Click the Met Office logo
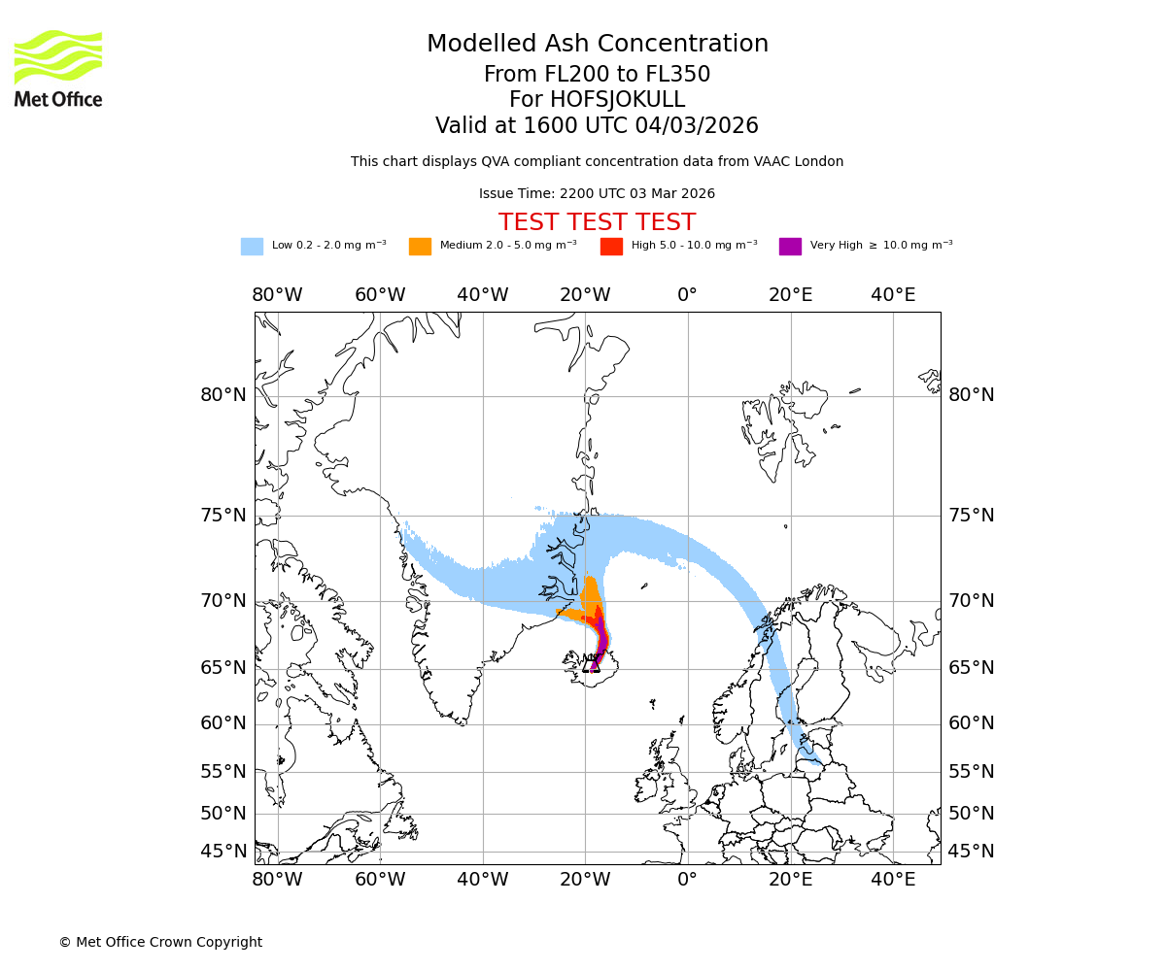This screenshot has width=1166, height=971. click(58, 68)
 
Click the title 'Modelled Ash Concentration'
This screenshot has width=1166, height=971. click(597, 45)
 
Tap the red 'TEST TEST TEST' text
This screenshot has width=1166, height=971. click(597, 222)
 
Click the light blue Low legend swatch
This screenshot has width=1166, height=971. click(252, 247)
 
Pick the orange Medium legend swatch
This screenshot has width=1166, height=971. click(420, 247)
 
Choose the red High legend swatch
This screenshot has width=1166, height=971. click(611, 247)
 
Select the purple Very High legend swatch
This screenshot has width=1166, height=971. click(790, 247)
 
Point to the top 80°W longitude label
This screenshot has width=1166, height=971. click(277, 295)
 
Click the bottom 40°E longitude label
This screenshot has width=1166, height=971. click(893, 880)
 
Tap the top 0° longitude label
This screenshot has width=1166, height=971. click(687, 295)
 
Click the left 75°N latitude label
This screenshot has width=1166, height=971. click(223, 516)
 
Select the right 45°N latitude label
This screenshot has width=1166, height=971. click(972, 852)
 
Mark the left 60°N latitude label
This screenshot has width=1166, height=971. click(223, 723)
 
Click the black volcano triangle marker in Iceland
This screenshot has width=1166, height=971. click(592, 664)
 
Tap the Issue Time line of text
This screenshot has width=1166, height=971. click(597, 193)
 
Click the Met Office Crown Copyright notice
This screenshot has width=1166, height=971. click(160, 942)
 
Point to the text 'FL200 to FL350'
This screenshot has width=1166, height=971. click(630, 75)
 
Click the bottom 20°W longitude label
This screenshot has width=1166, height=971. click(585, 880)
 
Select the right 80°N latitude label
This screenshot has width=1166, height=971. click(972, 395)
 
